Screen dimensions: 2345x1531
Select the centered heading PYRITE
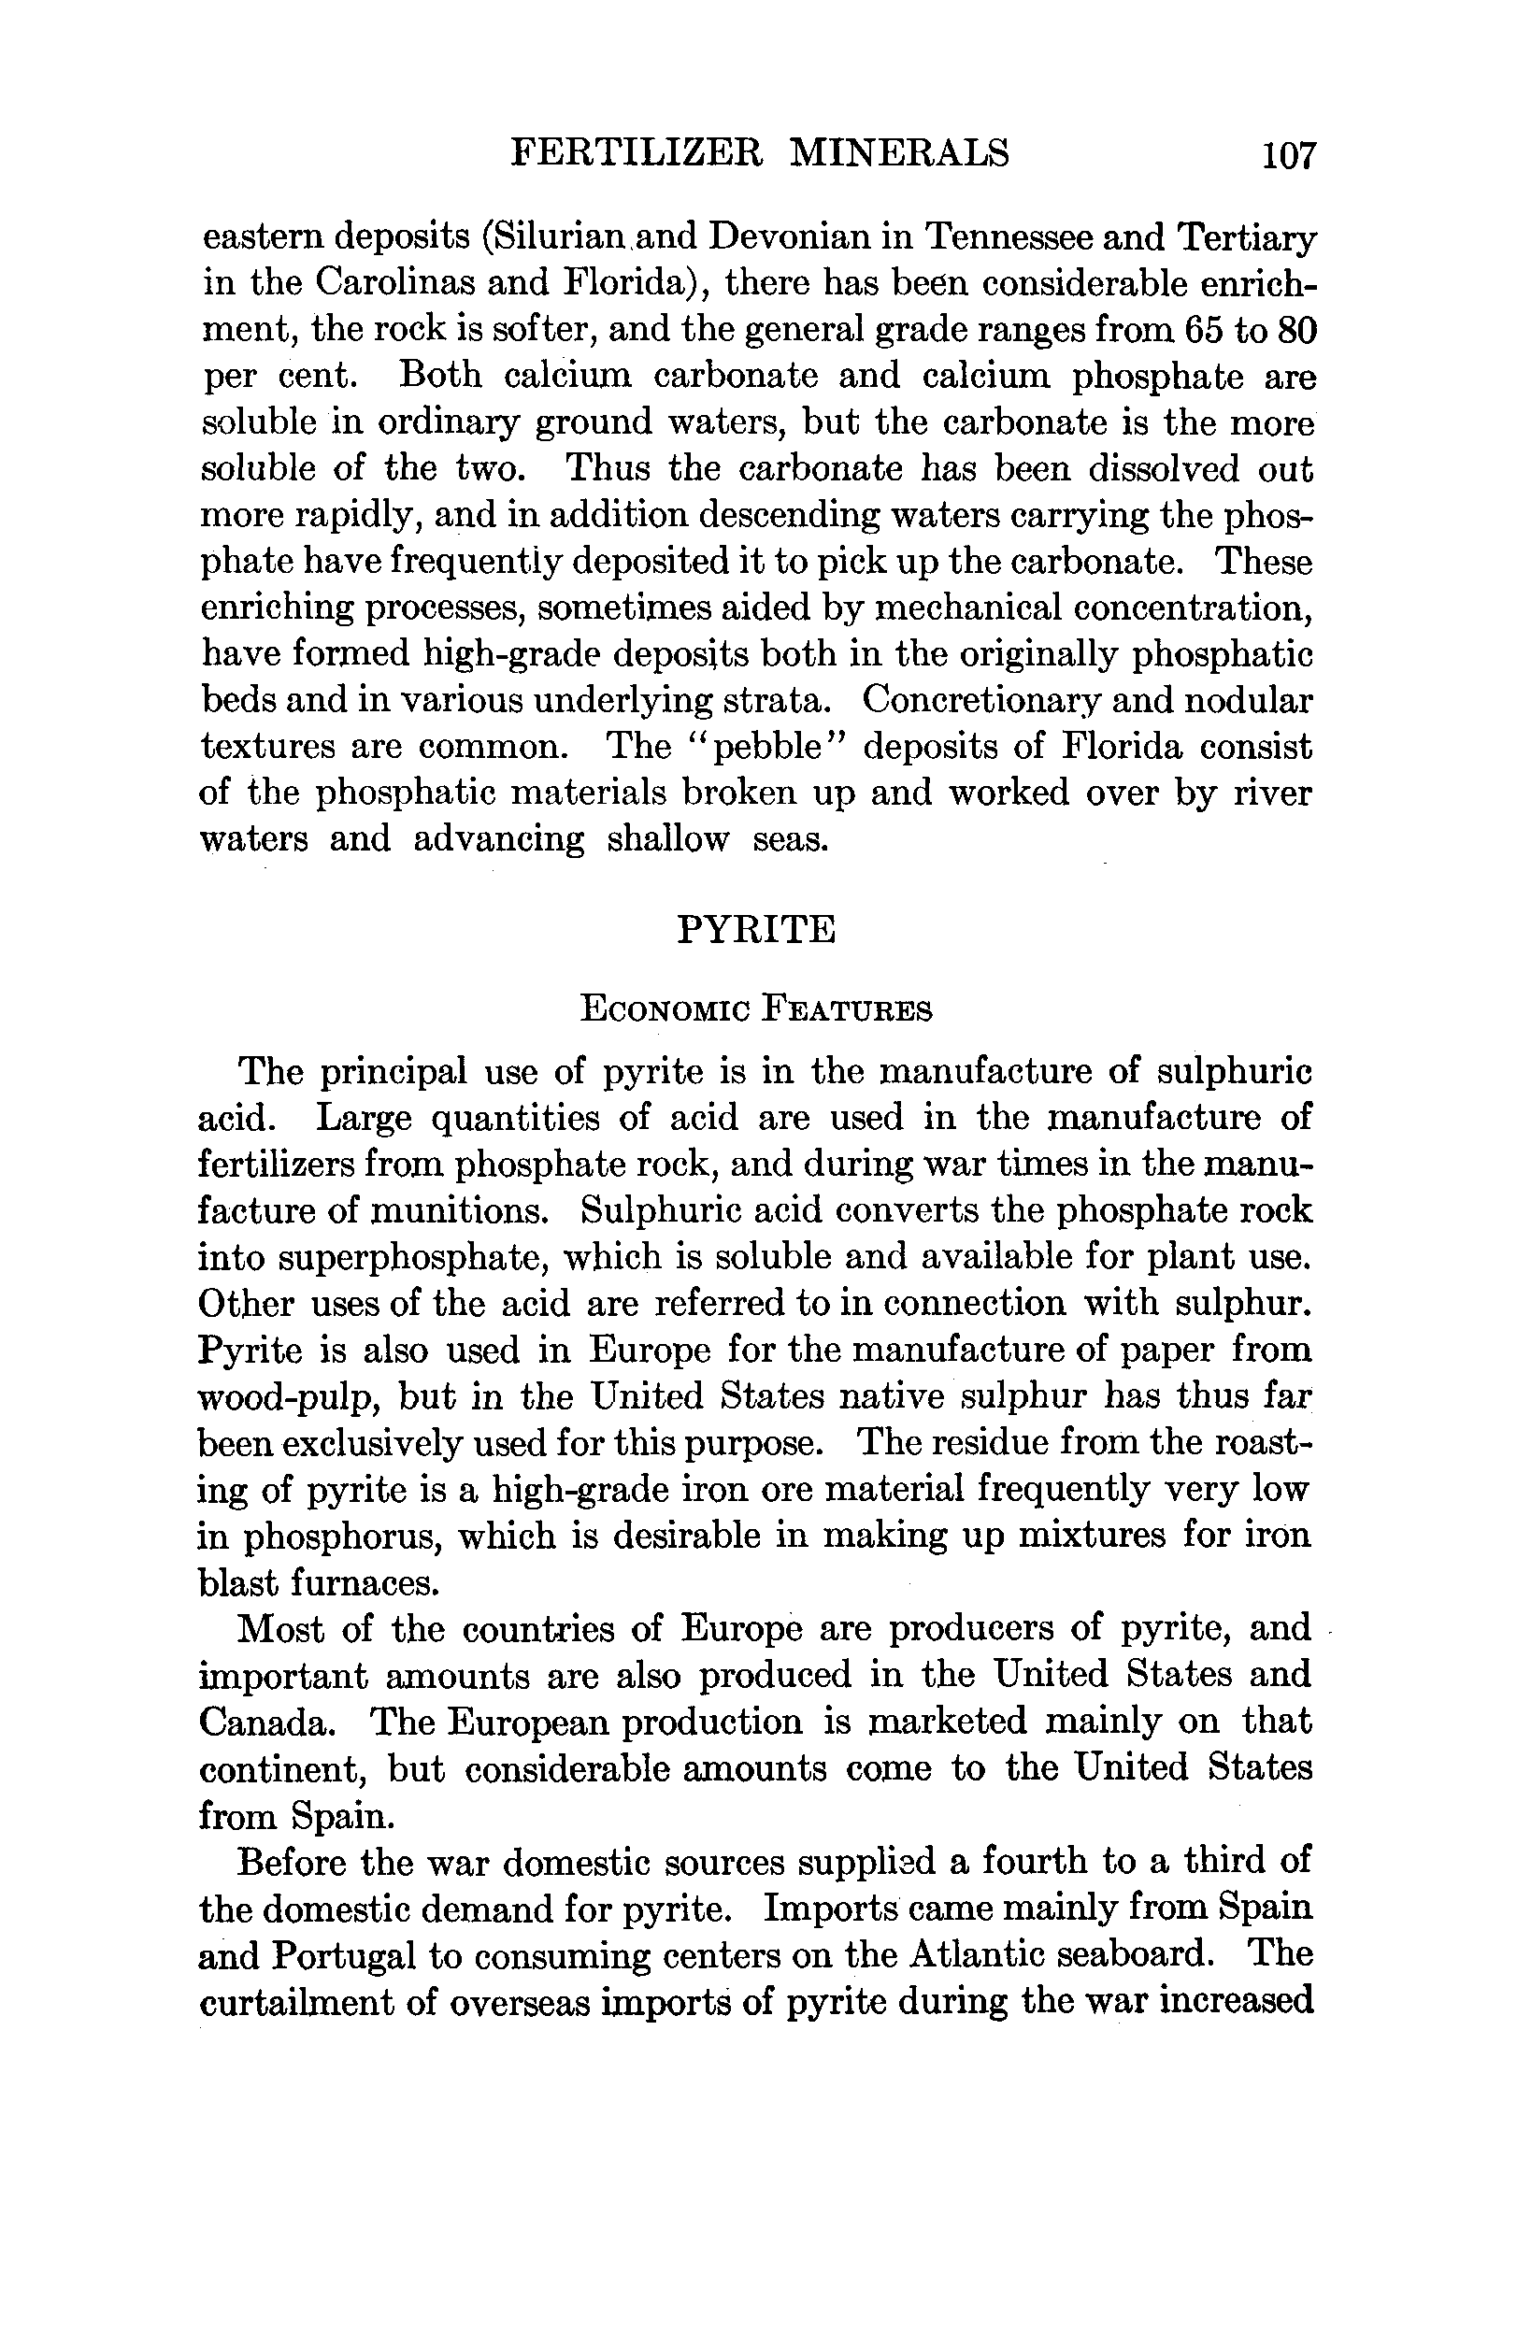pos(757,929)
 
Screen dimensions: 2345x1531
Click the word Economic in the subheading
pos(664,1010)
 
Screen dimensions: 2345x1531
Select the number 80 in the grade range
pos(1296,329)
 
